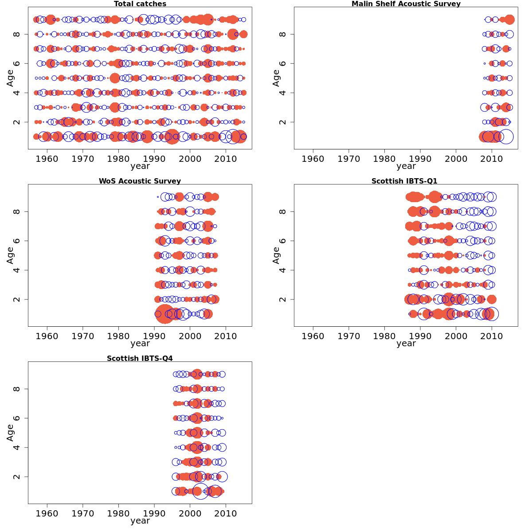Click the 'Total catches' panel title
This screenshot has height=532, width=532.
140,4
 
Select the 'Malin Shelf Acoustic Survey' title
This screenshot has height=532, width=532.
406,4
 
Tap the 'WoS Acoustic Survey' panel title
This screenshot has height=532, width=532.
140,181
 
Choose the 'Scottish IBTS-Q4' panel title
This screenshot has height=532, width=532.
140,359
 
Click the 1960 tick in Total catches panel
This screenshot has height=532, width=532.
47,159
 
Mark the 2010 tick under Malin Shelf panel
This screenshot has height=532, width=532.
492,159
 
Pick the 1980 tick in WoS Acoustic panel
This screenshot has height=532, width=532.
118,336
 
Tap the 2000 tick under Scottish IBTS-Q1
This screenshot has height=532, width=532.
456,336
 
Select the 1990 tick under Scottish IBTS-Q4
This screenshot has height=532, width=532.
154,513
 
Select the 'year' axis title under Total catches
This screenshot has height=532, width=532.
140,166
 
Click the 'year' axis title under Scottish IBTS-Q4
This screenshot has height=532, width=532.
140,521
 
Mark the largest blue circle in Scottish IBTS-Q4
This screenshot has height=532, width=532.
201,491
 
